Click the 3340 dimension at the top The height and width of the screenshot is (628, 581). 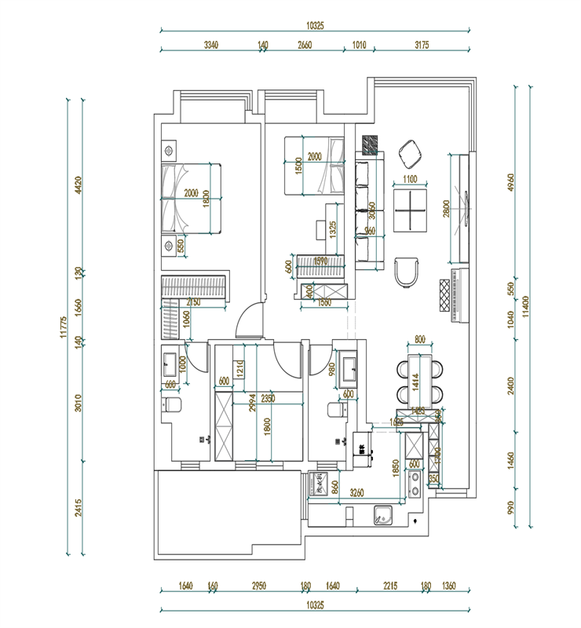pyautogui.click(x=210, y=45)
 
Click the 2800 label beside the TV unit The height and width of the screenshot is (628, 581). pyautogui.click(x=446, y=208)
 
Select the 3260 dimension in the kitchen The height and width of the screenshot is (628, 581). pyautogui.click(x=356, y=494)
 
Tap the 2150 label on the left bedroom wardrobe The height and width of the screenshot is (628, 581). pyautogui.click(x=194, y=302)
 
